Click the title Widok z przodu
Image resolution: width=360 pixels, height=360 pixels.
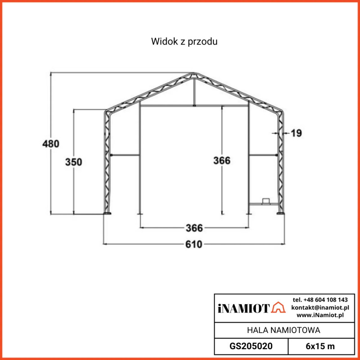coord(184,42)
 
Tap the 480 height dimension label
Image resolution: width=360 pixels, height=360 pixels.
coord(50,144)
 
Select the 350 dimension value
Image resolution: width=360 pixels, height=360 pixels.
coord(73,162)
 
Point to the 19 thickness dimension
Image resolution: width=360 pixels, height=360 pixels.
coord(296,133)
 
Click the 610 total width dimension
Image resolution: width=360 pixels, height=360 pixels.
coord(194,244)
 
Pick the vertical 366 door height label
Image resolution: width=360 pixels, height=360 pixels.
coord(222,160)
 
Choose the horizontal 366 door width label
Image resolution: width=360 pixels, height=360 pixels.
coord(194,227)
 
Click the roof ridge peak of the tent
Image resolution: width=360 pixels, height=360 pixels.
coord(193,73)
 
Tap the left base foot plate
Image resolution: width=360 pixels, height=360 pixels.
coord(108,214)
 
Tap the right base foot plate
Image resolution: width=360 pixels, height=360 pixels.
coord(280,214)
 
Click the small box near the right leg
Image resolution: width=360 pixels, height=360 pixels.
coord(265,200)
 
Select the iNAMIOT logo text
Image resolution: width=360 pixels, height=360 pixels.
coord(243,308)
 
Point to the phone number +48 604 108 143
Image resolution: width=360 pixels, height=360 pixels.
coord(320,300)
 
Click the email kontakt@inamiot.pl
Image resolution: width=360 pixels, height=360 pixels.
coord(320,307)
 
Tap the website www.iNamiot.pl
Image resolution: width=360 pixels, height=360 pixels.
coord(320,315)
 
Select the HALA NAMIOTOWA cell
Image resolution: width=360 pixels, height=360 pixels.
coord(283,330)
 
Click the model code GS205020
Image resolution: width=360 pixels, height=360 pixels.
coord(251,346)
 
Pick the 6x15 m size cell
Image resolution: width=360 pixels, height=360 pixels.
coord(320,346)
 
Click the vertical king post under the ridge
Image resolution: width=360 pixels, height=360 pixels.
coord(193,92)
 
